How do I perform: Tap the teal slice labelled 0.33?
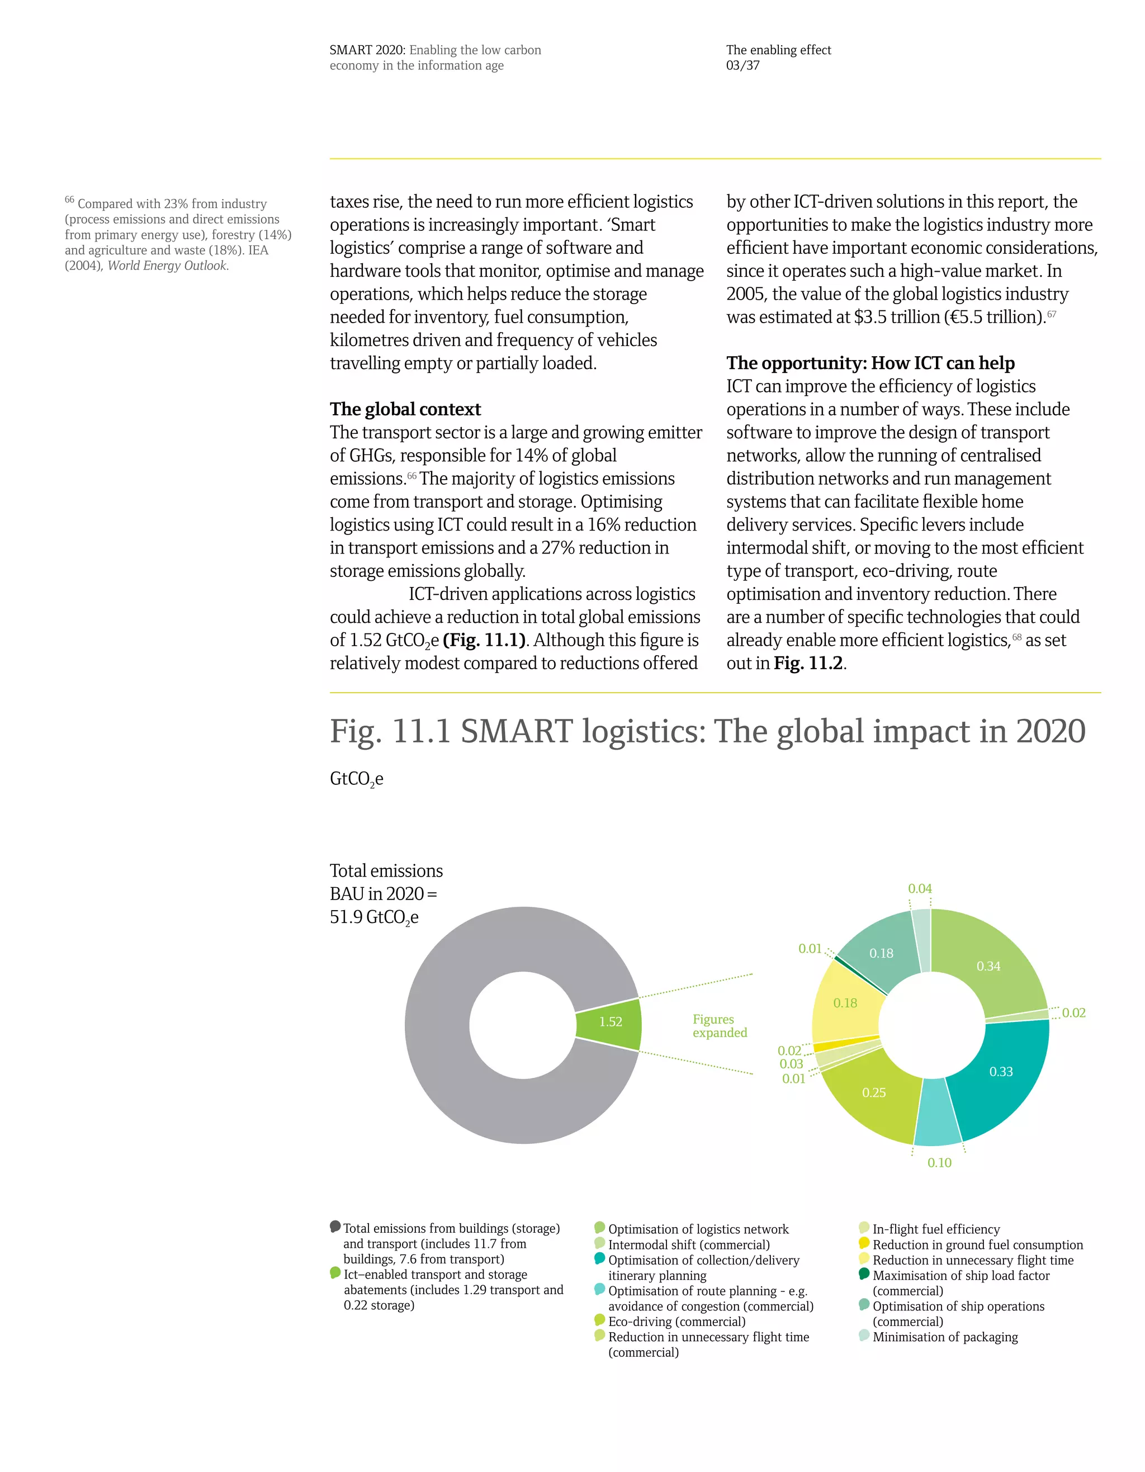(1000, 1071)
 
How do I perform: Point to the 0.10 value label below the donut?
(939, 1163)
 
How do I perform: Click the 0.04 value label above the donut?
(919, 888)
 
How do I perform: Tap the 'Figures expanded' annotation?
(719, 1026)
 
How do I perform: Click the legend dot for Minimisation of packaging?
(864, 1335)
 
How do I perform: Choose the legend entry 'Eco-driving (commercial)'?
(676, 1322)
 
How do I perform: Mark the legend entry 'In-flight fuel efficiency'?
(935, 1229)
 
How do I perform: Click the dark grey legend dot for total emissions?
(335, 1226)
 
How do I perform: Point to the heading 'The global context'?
(405, 409)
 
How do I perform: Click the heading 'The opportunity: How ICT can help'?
(870, 363)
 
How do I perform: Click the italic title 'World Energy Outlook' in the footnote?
(167, 266)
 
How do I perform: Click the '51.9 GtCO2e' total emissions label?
(374, 917)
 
